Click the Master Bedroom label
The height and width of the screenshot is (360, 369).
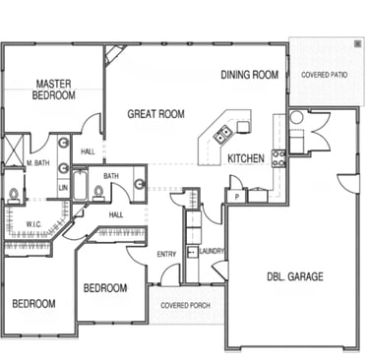pyautogui.click(x=53, y=90)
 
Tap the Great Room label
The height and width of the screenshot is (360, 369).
pyautogui.click(x=155, y=114)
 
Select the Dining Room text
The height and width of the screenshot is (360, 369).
pyautogui.click(x=250, y=75)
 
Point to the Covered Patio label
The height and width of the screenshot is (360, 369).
pyautogui.click(x=324, y=75)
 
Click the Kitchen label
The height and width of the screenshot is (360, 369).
pyautogui.click(x=246, y=158)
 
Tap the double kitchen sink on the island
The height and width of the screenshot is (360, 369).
pyautogui.click(x=223, y=134)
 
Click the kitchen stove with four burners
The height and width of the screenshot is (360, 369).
pyautogui.click(x=278, y=158)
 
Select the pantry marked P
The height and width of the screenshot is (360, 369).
pyautogui.click(x=236, y=197)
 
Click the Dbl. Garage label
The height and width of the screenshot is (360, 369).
pyautogui.click(x=295, y=276)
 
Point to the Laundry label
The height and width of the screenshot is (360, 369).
pyautogui.click(x=212, y=251)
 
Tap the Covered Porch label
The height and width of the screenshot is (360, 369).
pyautogui.click(x=185, y=305)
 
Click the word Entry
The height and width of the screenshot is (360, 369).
pyautogui.click(x=166, y=254)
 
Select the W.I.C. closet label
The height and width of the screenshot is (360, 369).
pyautogui.click(x=33, y=224)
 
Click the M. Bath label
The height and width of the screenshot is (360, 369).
pyautogui.click(x=38, y=162)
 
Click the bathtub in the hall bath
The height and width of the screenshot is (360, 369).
pyautogui.click(x=80, y=185)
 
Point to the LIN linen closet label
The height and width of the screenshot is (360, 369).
pyautogui.click(x=63, y=188)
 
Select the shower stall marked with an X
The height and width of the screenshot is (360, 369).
pyautogui.click(x=14, y=150)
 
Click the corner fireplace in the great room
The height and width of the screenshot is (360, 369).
pyautogui.click(x=114, y=55)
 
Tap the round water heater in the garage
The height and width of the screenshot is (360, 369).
pyautogui.click(x=296, y=117)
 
